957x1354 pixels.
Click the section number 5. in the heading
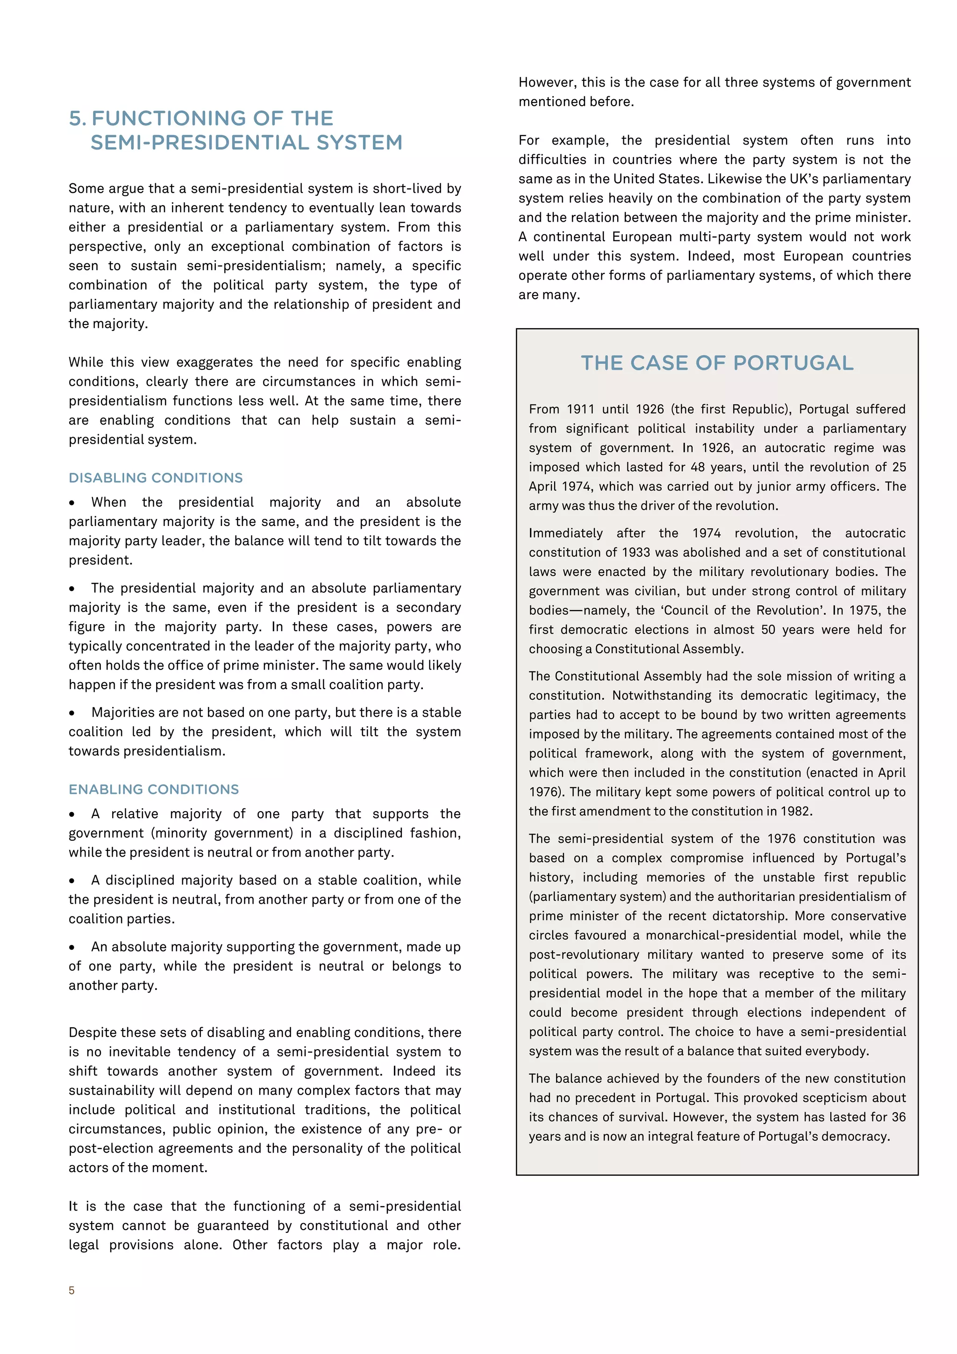click(x=77, y=119)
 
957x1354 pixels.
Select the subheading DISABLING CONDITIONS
click(x=156, y=478)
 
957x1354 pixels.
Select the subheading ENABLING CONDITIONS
click(x=154, y=789)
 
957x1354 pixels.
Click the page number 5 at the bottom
click(x=72, y=1290)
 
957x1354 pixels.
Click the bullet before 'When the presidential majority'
click(x=72, y=503)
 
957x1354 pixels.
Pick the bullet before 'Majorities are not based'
click(x=72, y=713)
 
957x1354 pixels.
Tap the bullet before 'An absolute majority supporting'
click(x=72, y=947)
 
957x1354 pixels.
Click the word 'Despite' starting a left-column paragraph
click(x=90, y=1033)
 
